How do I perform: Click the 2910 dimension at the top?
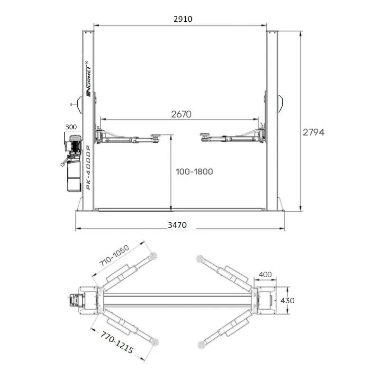pos(183,19)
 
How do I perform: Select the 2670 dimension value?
pos(181,114)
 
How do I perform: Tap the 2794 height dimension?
pos(313,132)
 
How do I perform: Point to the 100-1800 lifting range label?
pos(194,171)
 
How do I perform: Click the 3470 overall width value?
pos(177,225)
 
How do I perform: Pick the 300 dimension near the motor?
pos(71,127)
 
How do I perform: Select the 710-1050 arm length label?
pos(114,255)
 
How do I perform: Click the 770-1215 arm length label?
pos(117,342)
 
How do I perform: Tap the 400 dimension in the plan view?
pos(265,275)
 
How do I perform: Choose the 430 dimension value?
pos(288,300)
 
